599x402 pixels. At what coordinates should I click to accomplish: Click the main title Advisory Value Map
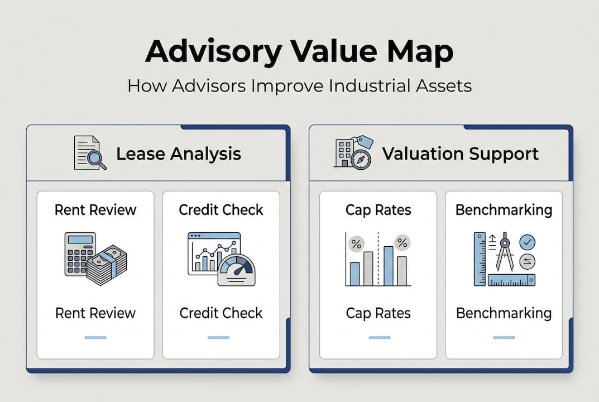pos(299,51)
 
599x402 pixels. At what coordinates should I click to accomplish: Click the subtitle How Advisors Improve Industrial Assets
pos(299,85)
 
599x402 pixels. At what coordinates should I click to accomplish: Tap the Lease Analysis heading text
pos(179,154)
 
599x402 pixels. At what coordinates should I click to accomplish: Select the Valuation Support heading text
pos(461,154)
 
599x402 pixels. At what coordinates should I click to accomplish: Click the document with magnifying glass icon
pos(90,153)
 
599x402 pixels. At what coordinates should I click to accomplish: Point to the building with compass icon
pos(353,152)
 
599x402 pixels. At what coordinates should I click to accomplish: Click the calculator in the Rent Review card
pos(79,253)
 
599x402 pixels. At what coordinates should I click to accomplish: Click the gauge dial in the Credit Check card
pos(237,271)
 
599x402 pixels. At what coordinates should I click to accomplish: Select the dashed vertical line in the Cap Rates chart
pos(378,259)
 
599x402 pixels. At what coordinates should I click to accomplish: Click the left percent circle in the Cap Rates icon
pos(356,244)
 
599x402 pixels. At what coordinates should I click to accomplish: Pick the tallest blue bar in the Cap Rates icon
pos(389,266)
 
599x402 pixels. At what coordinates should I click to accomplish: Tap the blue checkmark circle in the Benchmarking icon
pos(527,242)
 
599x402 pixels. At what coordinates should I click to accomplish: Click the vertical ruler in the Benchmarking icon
pos(480,259)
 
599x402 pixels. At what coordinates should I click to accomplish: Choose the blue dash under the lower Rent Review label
pos(95,337)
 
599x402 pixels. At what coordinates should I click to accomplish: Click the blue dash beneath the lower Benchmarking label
pos(504,337)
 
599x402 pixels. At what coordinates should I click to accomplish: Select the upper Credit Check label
pos(221,210)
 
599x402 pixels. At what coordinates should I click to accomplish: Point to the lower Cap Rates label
pos(378,313)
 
